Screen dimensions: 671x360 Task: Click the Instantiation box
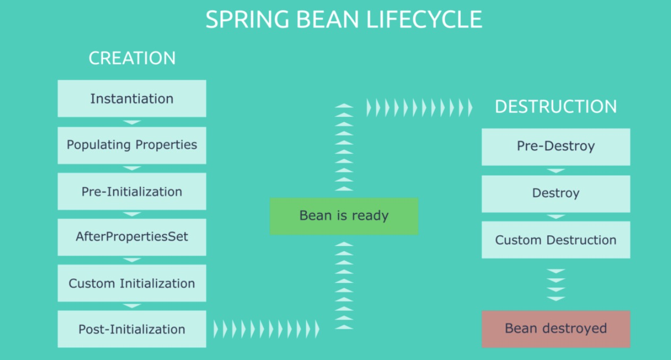pyautogui.click(x=132, y=99)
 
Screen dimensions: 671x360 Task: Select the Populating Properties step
pyautogui.click(x=132, y=145)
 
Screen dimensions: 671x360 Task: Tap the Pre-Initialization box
pyautogui.click(x=132, y=191)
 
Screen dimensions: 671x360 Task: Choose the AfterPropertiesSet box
pyautogui.click(x=132, y=237)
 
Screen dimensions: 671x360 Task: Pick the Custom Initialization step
pyautogui.click(x=132, y=283)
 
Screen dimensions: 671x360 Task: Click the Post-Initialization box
pyautogui.click(x=132, y=329)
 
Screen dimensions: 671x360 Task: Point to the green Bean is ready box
pyautogui.click(x=344, y=216)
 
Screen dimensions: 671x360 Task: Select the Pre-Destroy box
pyautogui.click(x=556, y=147)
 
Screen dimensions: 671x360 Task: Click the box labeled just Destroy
pyautogui.click(x=556, y=193)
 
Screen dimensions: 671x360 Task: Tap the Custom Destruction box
pyautogui.click(x=556, y=240)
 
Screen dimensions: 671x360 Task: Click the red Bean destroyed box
pyautogui.click(x=556, y=329)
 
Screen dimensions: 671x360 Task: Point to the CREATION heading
pyautogui.click(x=132, y=58)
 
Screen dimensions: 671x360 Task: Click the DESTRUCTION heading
pyautogui.click(x=556, y=107)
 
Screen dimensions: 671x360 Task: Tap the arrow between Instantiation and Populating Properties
pyautogui.click(x=132, y=122)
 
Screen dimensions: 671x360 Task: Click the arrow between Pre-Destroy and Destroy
pyautogui.click(x=556, y=170)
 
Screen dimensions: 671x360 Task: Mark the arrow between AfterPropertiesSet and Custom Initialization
pyautogui.click(x=132, y=260)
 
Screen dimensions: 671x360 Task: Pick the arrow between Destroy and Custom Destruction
pyautogui.click(x=556, y=217)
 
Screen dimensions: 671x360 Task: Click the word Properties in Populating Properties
pyautogui.click(x=166, y=145)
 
